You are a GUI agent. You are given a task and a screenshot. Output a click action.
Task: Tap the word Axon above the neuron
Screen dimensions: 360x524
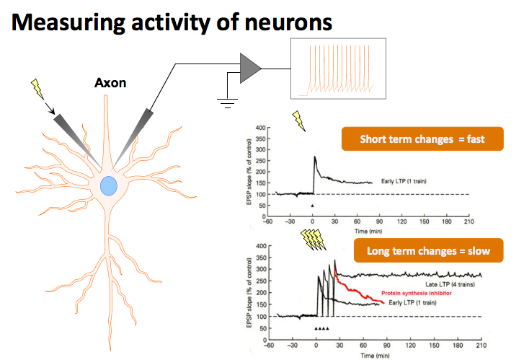click(x=110, y=82)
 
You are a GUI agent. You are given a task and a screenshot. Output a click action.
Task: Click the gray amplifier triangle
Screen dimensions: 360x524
click(x=252, y=67)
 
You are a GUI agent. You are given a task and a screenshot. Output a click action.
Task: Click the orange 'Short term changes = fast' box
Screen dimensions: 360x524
click(x=422, y=140)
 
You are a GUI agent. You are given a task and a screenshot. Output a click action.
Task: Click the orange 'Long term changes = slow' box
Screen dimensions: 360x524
click(x=428, y=251)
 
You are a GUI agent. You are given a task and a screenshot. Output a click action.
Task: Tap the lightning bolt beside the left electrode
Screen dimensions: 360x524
click(x=37, y=90)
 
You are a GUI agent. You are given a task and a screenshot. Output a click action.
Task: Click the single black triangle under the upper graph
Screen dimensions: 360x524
click(x=312, y=206)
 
